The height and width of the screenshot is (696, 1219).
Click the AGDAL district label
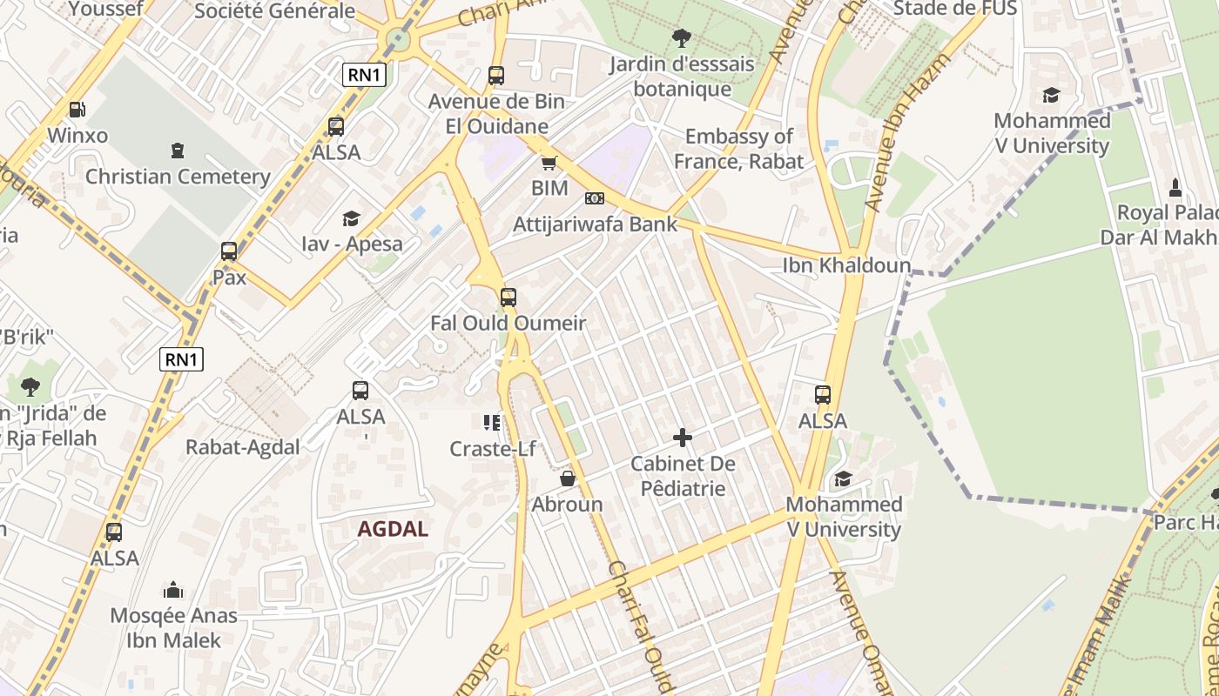(393, 529)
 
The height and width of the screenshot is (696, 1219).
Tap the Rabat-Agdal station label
(243, 447)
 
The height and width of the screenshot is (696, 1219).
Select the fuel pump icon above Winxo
(77, 110)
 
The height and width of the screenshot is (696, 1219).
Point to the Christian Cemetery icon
(178, 151)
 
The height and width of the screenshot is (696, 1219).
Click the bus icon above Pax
(229, 251)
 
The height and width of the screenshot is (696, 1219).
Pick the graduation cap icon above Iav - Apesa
(351, 217)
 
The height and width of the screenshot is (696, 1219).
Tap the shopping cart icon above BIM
(549, 163)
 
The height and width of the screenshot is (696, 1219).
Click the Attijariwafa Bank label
(595, 224)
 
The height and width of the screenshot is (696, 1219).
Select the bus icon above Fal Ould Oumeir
(508, 298)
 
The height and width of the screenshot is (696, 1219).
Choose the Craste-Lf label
(492, 449)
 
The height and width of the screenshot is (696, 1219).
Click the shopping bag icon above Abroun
(568, 478)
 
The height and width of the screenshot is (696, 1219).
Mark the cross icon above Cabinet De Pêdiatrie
(683, 437)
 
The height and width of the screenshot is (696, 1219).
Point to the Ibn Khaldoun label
(846, 265)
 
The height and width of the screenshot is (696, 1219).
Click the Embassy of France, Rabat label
(738, 149)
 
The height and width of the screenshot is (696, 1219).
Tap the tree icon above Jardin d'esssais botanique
(682, 38)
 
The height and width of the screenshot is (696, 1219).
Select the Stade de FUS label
(955, 9)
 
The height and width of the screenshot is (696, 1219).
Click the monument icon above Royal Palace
(1175, 187)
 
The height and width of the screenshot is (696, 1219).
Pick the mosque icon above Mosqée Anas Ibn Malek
(173, 590)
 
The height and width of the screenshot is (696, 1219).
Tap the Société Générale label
(274, 11)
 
